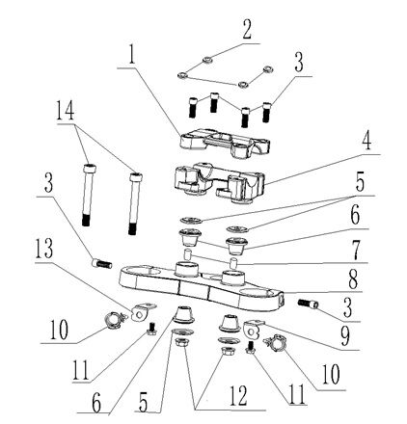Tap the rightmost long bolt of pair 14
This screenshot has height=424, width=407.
(x=132, y=203)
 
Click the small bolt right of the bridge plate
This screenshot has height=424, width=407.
(x=309, y=305)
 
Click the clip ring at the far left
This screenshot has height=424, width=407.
(x=112, y=321)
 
